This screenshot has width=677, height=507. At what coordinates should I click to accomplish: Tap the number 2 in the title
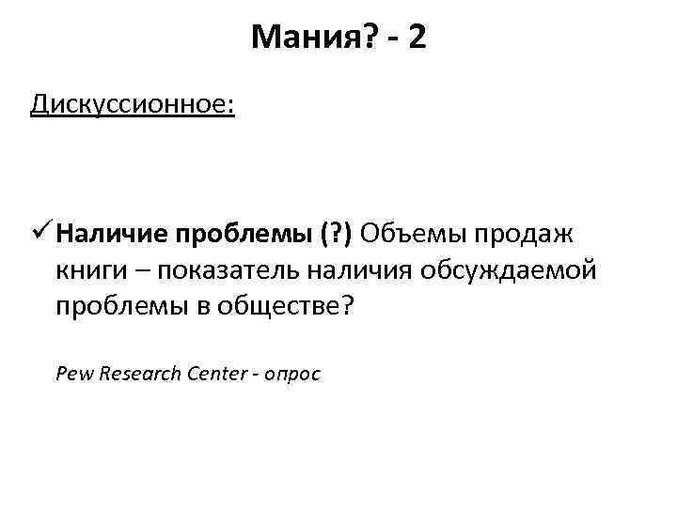[x=417, y=38]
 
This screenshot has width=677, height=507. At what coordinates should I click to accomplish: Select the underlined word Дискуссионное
[x=132, y=101]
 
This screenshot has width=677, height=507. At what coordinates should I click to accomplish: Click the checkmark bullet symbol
[x=40, y=233]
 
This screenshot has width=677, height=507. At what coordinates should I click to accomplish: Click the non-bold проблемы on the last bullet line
[x=122, y=309]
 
